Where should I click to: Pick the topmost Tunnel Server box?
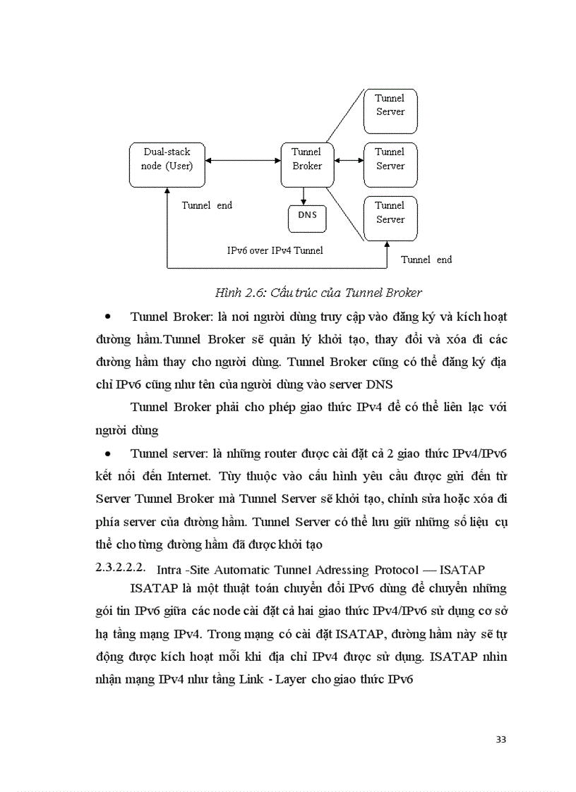(390, 110)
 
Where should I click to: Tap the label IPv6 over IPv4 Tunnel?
(275, 250)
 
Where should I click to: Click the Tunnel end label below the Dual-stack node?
(207, 206)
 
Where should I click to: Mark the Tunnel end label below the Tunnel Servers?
(426, 260)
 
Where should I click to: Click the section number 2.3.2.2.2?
(121, 567)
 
